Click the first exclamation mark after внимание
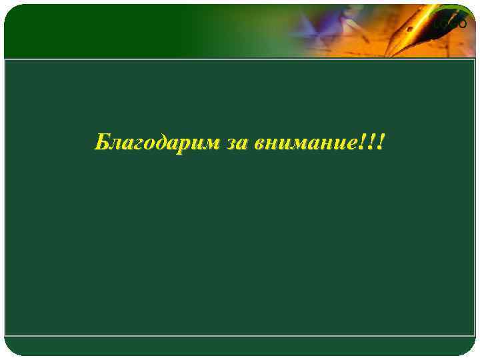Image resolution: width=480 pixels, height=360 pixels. (365, 141)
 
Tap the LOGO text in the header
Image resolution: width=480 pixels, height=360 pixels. (450, 24)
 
